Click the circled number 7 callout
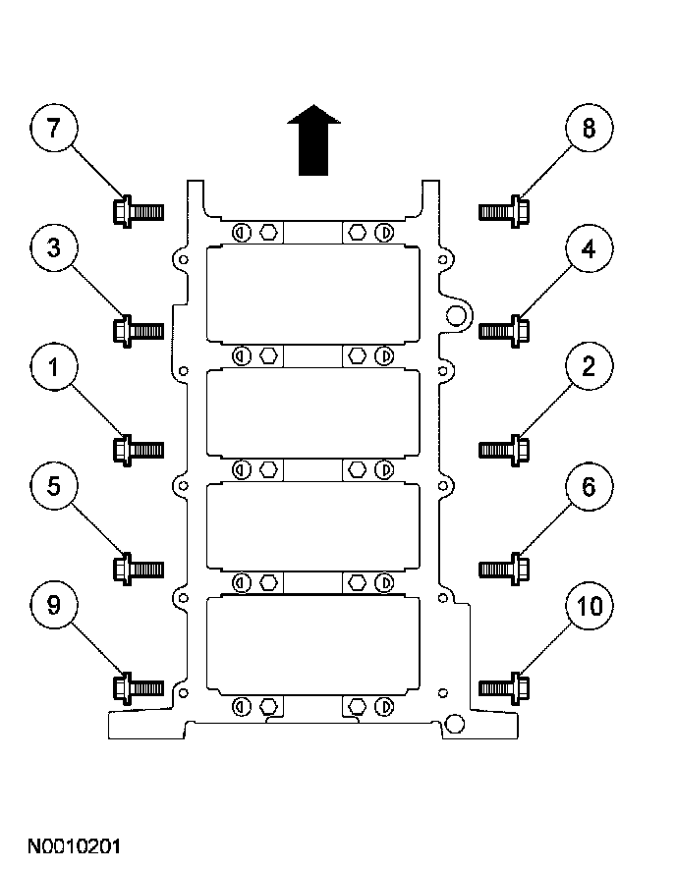coord(53,128)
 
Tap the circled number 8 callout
coord(589,128)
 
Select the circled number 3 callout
coord(53,247)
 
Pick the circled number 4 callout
coord(589,247)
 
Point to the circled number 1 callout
coord(53,366)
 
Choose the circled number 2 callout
coord(589,366)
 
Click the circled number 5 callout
coord(53,486)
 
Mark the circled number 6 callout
coord(589,486)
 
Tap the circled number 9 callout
coord(53,605)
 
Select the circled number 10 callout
coord(589,605)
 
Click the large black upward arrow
coord(313,139)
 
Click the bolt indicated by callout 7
coord(139,211)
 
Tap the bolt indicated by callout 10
coord(504,688)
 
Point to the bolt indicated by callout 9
coord(139,688)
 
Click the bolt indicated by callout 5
coord(139,569)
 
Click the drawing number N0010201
coord(74,846)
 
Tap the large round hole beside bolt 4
coord(456,316)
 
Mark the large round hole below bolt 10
coord(455,725)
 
